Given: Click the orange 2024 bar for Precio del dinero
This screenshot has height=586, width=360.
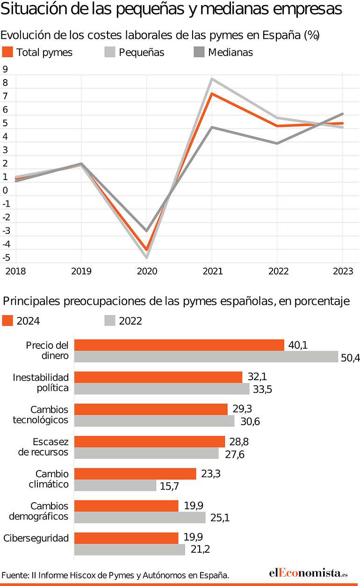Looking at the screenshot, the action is pyautogui.click(x=179, y=345).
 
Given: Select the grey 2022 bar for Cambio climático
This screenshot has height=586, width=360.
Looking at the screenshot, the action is pyautogui.click(x=115, y=485).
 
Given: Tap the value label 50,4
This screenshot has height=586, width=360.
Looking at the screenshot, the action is pyautogui.click(x=350, y=358).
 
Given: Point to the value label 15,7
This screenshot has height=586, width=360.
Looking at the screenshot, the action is pyautogui.click(x=169, y=486).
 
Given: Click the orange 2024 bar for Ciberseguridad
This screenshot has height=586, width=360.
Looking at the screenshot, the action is pyautogui.click(x=126, y=538).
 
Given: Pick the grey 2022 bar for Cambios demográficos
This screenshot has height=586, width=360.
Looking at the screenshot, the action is pyautogui.click(x=140, y=517).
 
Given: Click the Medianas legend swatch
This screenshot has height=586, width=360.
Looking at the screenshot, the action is pyautogui.click(x=199, y=52).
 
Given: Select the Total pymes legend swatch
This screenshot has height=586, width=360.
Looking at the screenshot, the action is pyautogui.click(x=7, y=52).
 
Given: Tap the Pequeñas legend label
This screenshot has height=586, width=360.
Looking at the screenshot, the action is pyautogui.click(x=142, y=52).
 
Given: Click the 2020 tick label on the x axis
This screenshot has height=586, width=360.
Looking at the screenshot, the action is pyautogui.click(x=147, y=271).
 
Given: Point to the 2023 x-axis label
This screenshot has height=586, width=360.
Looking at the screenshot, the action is pyautogui.click(x=343, y=271).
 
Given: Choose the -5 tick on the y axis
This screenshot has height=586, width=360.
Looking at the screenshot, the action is pyautogui.click(x=6, y=258).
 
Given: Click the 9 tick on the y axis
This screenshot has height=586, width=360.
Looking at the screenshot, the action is pyautogui.click(x=5, y=69).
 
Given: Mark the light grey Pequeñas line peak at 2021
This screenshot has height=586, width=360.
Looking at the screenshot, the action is pyautogui.click(x=212, y=79).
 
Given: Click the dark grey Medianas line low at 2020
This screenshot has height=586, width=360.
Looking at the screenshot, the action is pyautogui.click(x=146, y=231).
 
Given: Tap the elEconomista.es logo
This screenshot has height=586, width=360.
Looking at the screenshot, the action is pyautogui.click(x=309, y=573).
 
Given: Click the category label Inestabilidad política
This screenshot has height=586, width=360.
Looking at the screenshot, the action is pyautogui.click(x=41, y=383).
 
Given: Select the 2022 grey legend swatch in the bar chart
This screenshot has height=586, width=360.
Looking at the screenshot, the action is pyautogui.click(x=110, y=321).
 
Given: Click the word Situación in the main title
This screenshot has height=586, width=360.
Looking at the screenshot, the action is pyautogui.click(x=34, y=9).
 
